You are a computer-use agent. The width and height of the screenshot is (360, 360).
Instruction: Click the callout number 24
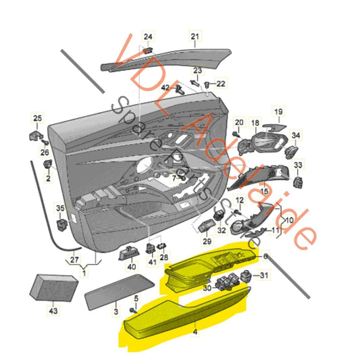point(148,36)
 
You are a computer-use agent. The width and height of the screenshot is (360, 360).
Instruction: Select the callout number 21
point(195,36)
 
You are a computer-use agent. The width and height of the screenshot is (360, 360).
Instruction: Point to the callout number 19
point(278,111)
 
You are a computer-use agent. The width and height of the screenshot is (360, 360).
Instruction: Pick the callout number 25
point(36,119)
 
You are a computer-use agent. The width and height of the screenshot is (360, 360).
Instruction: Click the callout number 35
point(60,209)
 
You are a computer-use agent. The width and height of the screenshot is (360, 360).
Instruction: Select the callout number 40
point(131,266)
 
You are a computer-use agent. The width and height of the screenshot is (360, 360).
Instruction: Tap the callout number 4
point(195,332)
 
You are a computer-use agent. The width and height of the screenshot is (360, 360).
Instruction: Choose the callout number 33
point(299,164)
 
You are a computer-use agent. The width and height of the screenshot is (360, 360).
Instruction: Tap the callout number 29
point(207,241)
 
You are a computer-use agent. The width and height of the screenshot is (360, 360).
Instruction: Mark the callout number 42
point(164,88)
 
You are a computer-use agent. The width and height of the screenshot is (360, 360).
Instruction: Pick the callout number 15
point(264,192)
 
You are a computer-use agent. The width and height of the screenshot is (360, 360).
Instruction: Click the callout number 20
point(238,122)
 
